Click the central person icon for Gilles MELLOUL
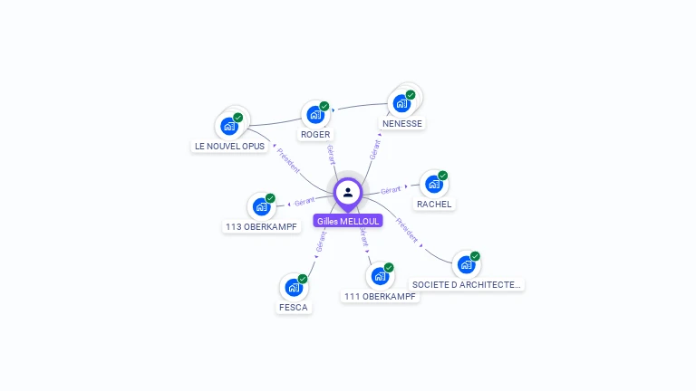pos(348,192)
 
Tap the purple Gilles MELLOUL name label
pos(348,221)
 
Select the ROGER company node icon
pos(314,115)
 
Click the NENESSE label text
pos(402,123)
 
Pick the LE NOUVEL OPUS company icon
pos(228,126)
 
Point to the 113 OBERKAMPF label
pos(262,226)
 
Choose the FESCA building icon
pos(293,288)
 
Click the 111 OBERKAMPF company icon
pos(380,276)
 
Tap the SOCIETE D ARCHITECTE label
pos(467,284)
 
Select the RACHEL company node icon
pos(433,184)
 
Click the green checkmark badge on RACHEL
pos(443,176)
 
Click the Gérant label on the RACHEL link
pos(391,190)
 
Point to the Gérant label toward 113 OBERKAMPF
pos(304,202)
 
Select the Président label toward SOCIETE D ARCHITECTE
pos(407,231)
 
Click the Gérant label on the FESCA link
pos(321,241)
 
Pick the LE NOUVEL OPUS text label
pos(229,146)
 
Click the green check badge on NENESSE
pos(411,95)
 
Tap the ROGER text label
pos(315,135)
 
